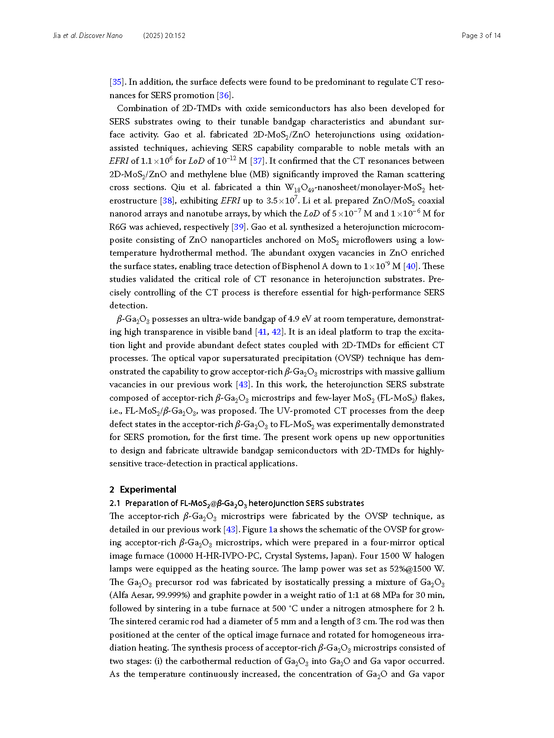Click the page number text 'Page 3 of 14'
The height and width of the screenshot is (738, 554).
point(481,36)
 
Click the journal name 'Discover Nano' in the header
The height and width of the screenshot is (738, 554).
point(100,36)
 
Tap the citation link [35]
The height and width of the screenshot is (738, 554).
point(117,82)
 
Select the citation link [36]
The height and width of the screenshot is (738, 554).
point(224,95)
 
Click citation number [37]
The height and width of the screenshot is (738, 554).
point(257,161)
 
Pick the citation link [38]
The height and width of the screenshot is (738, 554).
point(167,201)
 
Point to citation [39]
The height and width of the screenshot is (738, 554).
point(239,227)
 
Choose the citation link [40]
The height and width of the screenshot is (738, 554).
point(411,266)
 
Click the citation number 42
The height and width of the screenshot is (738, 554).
point(277,332)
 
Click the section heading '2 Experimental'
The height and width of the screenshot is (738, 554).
point(143,489)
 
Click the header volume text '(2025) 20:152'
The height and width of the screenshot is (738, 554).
point(164,36)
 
